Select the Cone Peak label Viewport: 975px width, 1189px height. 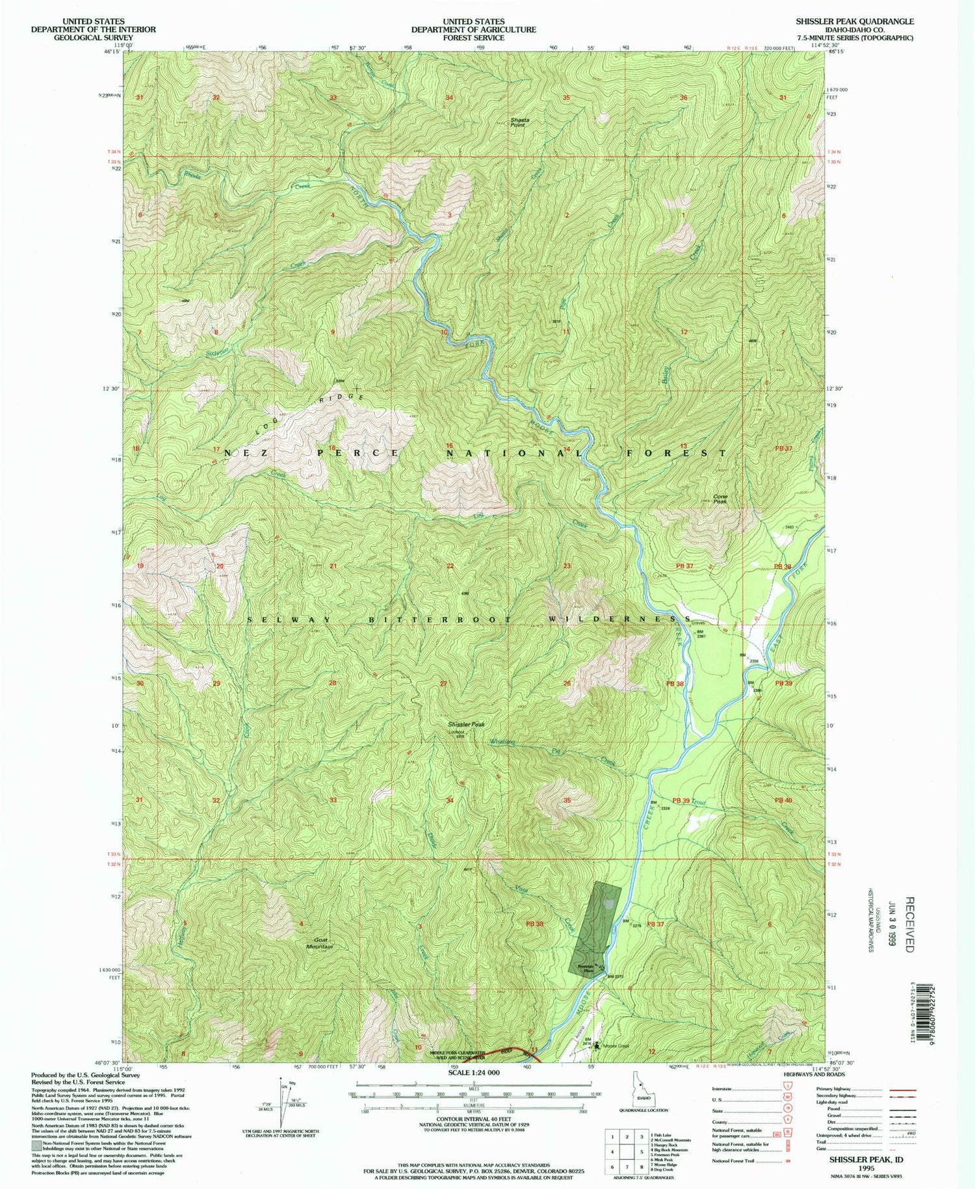[x=720, y=499]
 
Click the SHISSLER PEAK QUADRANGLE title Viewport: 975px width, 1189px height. [x=855, y=21]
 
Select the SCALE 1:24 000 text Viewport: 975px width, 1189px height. [x=473, y=1072]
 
